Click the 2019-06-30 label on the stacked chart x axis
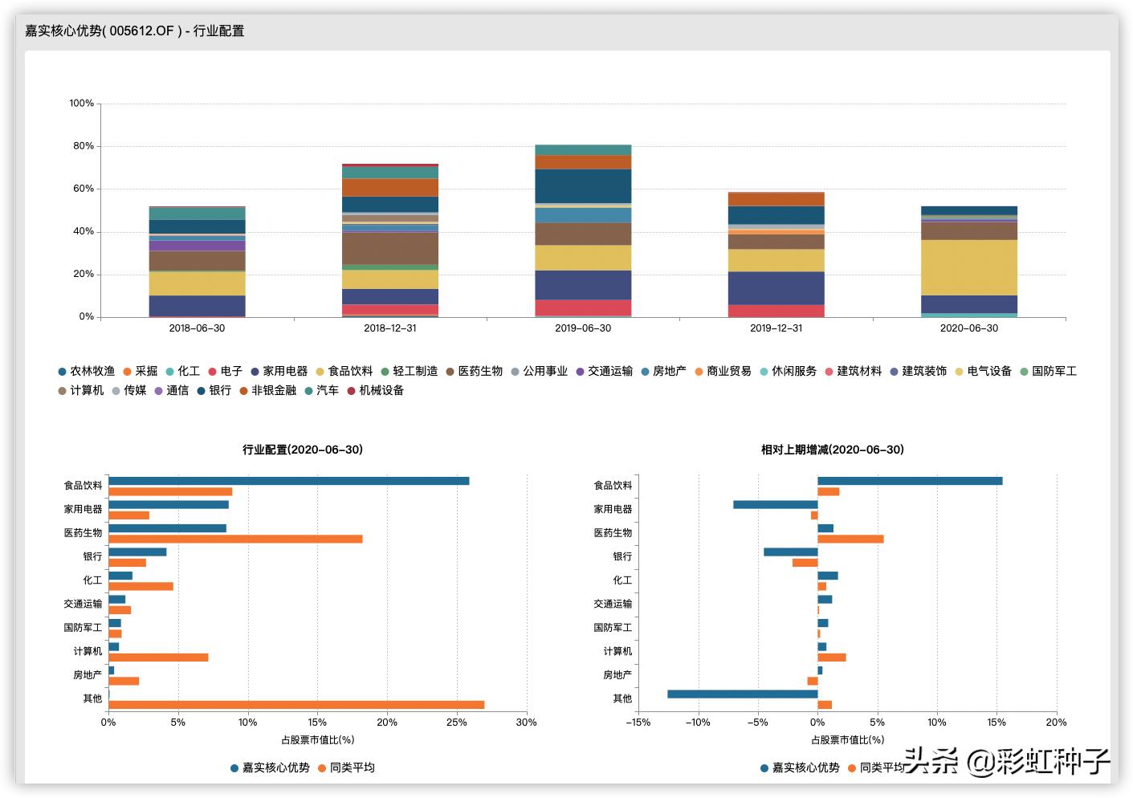click(583, 328)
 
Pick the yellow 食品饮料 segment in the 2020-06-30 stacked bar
click(968, 267)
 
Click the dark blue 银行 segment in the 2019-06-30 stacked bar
click(583, 185)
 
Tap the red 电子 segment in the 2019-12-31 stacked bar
click(776, 311)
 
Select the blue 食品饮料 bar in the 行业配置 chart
click(288, 481)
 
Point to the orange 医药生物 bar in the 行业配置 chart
click(235, 539)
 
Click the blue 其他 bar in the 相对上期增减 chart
click(742, 694)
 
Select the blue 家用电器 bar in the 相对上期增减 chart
click(775, 504)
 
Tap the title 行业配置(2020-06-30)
click(303, 450)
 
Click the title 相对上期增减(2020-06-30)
click(832, 450)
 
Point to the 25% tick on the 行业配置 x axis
click(456, 723)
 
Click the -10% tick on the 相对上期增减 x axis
click(698, 723)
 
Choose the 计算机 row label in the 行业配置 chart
click(88, 651)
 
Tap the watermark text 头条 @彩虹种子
click(1008, 760)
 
